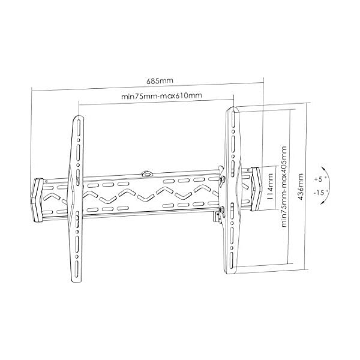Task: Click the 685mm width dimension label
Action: [160, 81]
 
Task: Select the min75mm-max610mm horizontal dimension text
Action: [161, 96]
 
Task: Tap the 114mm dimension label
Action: [271, 187]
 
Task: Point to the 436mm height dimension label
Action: [301, 187]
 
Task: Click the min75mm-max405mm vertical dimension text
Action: [284, 187]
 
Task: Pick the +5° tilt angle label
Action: [320, 179]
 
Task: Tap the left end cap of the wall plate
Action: [37, 200]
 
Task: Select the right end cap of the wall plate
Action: [256, 189]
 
